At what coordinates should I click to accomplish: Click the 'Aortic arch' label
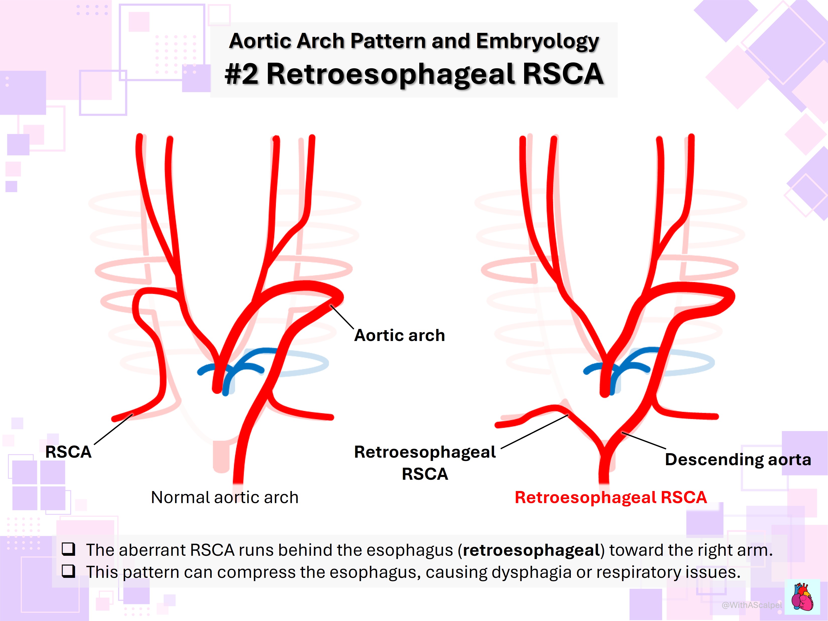coord(399,335)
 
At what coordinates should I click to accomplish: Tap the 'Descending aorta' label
coord(738,460)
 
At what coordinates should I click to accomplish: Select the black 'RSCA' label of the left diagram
coord(68,452)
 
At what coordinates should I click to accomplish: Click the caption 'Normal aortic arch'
coord(225,498)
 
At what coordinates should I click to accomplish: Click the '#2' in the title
coord(241,74)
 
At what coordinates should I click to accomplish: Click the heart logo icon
coord(802,597)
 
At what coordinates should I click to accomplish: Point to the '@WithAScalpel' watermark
coord(752,605)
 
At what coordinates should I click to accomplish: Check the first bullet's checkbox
coord(68,549)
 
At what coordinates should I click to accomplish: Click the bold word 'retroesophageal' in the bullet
coord(531,550)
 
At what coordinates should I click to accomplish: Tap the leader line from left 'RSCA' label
coord(113,429)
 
